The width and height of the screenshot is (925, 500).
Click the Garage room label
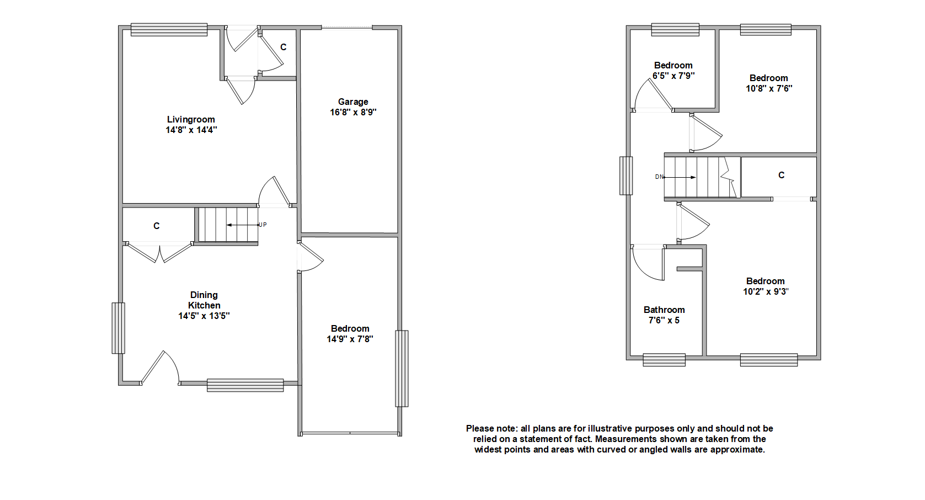353,102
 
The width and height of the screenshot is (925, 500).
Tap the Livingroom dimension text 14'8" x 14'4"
191,130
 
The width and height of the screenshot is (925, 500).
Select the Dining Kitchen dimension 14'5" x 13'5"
204,316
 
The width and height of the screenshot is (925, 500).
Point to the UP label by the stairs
263,225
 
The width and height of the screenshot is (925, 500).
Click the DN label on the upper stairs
659,177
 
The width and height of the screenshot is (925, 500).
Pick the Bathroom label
664,310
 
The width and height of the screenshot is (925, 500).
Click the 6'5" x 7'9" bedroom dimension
673,76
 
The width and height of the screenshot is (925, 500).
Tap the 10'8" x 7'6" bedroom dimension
769,88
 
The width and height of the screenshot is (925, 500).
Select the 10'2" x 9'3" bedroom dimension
766,291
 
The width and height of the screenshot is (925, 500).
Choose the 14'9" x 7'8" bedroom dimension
350,339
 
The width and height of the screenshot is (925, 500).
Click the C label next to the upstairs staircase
781,175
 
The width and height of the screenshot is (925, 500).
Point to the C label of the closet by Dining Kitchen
157,226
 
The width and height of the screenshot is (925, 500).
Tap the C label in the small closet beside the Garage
284,47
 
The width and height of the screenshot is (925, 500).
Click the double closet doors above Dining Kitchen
159,252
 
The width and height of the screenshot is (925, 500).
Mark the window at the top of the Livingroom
169,29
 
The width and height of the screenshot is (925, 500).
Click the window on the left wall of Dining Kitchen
118,328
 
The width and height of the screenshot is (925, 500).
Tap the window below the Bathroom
664,360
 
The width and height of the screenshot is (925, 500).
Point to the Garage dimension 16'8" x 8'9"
353,112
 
